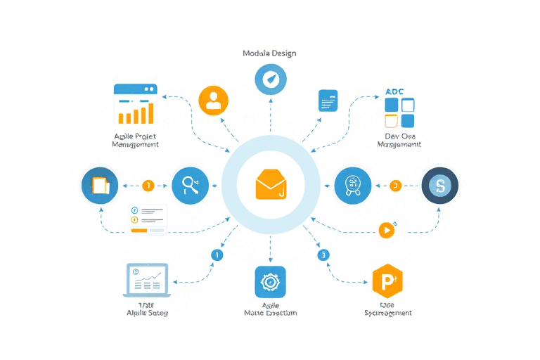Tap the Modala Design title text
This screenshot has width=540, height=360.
(x=269, y=53)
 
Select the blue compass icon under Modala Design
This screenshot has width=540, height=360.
(x=270, y=80)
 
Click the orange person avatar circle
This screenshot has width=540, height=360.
(x=214, y=101)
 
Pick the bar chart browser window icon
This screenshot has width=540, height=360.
(x=135, y=104)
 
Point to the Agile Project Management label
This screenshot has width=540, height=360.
(x=135, y=139)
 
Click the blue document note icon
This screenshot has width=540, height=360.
(x=328, y=101)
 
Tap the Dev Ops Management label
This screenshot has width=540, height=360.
(x=399, y=139)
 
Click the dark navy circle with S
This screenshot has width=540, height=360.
(x=440, y=186)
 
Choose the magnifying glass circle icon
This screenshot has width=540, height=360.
(x=190, y=186)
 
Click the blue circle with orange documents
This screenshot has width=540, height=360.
(x=100, y=186)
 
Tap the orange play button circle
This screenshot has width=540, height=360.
(x=385, y=229)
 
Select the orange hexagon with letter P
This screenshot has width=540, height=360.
(x=387, y=283)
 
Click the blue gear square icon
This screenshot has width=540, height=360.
(x=270, y=283)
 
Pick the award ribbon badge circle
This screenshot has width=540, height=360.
(x=352, y=186)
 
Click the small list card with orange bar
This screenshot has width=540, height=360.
(x=148, y=219)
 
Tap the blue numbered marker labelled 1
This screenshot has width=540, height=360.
(x=217, y=255)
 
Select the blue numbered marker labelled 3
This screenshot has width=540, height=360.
(x=323, y=255)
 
